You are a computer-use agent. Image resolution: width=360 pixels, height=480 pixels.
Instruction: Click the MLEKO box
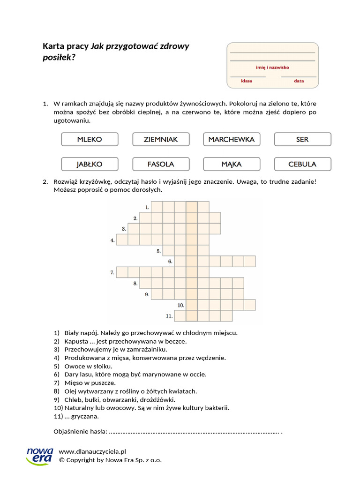pyautogui.click(x=90, y=139)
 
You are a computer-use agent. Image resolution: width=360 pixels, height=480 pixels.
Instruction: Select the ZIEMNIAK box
pyautogui.click(x=161, y=139)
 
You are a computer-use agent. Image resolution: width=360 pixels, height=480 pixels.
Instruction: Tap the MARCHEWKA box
pyautogui.click(x=232, y=139)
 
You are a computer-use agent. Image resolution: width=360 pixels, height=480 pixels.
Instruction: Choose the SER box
pyautogui.click(x=302, y=139)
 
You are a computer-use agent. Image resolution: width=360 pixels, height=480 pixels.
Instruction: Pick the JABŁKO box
pyautogui.click(x=90, y=164)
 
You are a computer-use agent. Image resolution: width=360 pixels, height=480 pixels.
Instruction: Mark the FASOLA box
pyautogui.click(x=161, y=164)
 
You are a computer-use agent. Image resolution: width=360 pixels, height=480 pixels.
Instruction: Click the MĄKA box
pyautogui.click(x=232, y=164)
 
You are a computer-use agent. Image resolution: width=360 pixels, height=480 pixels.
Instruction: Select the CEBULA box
pyautogui.click(x=302, y=164)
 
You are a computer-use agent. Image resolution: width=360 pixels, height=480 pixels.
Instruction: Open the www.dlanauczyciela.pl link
pyautogui.click(x=93, y=451)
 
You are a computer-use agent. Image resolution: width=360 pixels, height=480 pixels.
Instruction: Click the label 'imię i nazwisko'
pyautogui.click(x=272, y=67)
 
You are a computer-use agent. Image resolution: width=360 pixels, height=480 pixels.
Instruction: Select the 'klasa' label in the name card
pyautogui.click(x=247, y=81)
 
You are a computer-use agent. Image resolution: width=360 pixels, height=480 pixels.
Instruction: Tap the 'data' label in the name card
pyautogui.click(x=299, y=81)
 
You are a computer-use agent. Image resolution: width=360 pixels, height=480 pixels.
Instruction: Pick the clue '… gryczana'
pyautogui.click(x=82, y=416)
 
